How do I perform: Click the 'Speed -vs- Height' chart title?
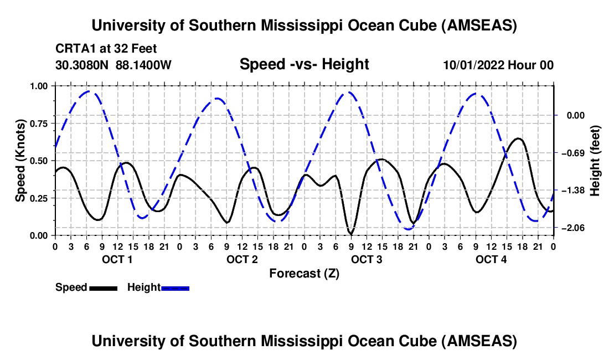304,65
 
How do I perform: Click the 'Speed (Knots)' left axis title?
20,161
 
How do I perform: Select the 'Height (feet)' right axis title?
595,161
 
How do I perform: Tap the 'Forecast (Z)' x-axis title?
304,273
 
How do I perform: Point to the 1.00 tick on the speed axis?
40,86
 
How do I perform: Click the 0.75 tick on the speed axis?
40,124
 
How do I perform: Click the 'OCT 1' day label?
117,260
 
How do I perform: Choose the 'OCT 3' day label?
367,260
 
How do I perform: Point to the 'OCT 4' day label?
491,260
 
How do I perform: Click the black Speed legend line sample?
103,287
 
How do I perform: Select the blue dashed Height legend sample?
175,287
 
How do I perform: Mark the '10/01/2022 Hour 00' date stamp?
498,65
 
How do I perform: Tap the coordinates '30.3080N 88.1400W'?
113,65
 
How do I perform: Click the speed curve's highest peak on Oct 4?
518,138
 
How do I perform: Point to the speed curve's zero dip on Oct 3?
350,234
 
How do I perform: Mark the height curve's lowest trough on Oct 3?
409,229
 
